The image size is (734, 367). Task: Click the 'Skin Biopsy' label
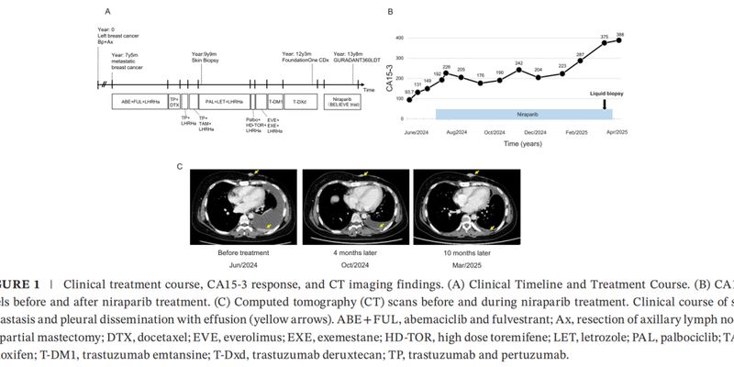pos(206,61)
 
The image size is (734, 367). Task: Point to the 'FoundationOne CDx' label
pos(304,61)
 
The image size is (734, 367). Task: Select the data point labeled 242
pos(518,69)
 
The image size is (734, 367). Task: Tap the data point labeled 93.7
pos(409,99)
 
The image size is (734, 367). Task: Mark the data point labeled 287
pos(580,61)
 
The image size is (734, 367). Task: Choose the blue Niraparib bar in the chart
pos(523,114)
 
